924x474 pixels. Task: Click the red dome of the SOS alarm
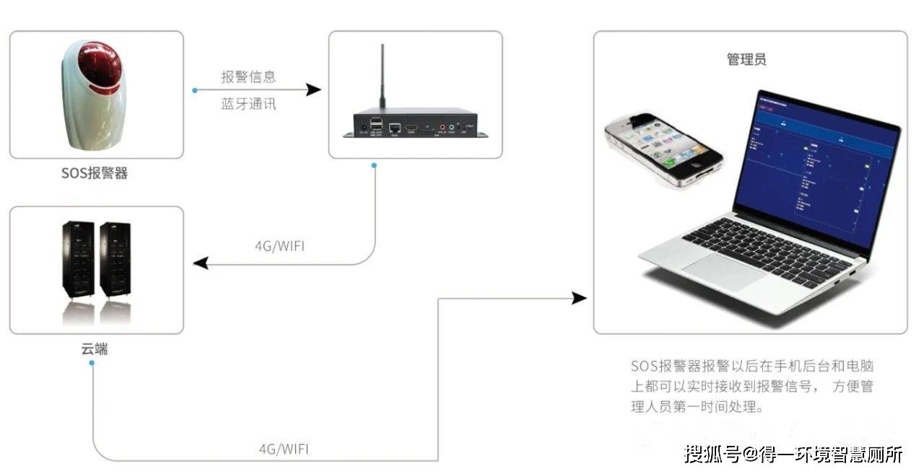(x=100, y=62)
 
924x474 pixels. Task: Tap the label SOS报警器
(x=95, y=174)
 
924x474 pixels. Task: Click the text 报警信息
(x=248, y=76)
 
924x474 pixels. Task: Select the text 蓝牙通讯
(x=248, y=104)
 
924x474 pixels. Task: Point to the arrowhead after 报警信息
(x=313, y=90)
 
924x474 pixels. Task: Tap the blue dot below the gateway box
(x=374, y=165)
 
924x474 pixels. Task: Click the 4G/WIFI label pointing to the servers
(x=280, y=246)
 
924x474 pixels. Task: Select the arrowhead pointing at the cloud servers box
(x=201, y=264)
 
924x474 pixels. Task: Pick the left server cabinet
(x=77, y=259)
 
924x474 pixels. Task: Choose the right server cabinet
(x=115, y=259)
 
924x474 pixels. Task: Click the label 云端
(x=95, y=349)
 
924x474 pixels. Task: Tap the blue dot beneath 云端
(x=92, y=363)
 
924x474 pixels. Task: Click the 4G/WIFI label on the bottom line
(x=284, y=449)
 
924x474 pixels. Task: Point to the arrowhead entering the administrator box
(x=579, y=298)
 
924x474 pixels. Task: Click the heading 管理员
(x=746, y=60)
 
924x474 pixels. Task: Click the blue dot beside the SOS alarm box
(x=194, y=90)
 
